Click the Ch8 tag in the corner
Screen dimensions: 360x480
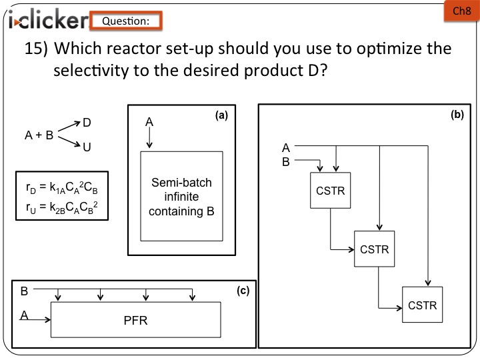462,11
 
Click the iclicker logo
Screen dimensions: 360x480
47,21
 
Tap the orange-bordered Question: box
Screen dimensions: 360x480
126,21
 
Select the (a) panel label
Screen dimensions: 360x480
222,115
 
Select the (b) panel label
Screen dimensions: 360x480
457,115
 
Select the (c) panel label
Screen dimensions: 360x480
243,291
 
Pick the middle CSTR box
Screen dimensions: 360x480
374,249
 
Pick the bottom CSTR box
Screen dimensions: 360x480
422,305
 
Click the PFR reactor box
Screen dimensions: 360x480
135,320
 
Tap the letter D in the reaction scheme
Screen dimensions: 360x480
87,123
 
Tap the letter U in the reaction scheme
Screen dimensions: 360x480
87,147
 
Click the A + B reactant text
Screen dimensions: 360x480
39,135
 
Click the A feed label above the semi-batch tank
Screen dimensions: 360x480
149,123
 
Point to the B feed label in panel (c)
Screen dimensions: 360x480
25,291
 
